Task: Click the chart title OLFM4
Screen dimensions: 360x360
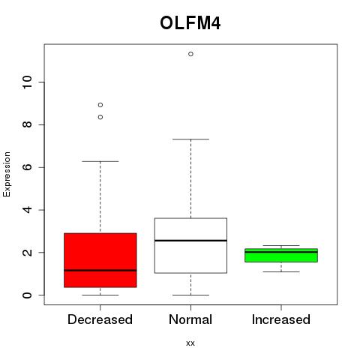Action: (x=190, y=23)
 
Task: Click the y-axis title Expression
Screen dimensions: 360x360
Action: (x=7, y=174)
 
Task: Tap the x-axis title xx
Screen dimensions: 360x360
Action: (x=190, y=343)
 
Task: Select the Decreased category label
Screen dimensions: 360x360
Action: (x=100, y=319)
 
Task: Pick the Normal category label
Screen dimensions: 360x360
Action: (x=190, y=319)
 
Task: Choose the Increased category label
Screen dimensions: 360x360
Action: (x=281, y=319)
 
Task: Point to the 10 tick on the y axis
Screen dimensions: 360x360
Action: (x=28, y=82)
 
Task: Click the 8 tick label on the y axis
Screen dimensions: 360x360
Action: (x=28, y=124)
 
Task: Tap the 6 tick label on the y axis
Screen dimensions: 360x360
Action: (x=28, y=167)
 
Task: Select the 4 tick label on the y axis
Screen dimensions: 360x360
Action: (x=28, y=210)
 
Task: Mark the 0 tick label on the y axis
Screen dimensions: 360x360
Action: (x=28, y=295)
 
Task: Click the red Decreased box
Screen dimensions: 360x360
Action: (x=100, y=260)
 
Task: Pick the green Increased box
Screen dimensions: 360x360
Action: (x=281, y=255)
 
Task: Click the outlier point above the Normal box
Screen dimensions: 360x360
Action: (x=190, y=54)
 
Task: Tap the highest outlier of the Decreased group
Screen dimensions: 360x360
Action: (x=100, y=105)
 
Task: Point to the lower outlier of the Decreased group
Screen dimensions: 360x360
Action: (x=100, y=117)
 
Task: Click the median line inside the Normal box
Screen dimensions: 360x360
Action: (x=190, y=241)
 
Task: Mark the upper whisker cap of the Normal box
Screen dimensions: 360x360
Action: (x=190, y=139)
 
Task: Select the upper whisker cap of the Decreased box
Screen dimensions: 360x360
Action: (x=100, y=161)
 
